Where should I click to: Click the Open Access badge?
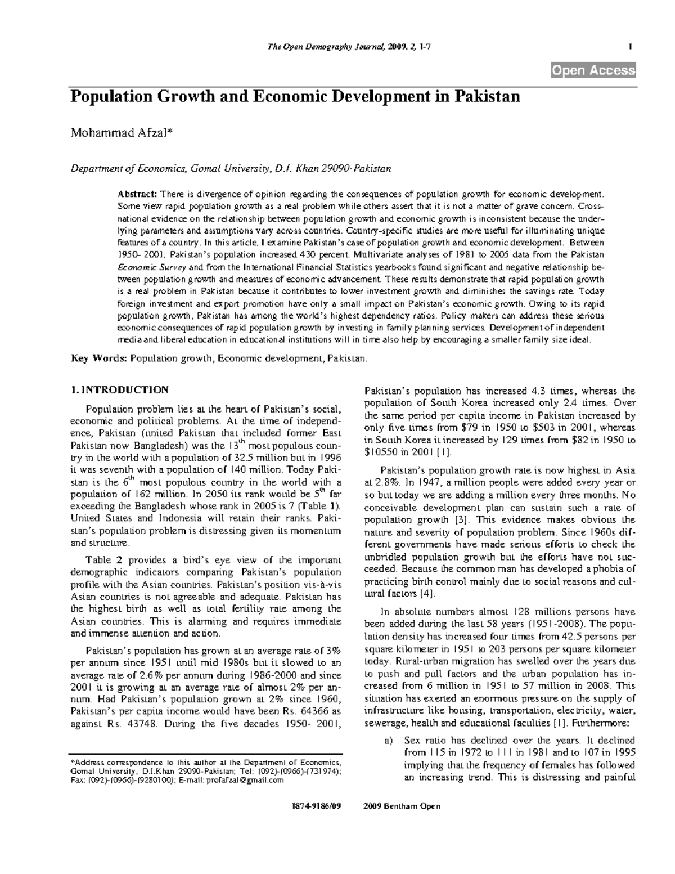593,70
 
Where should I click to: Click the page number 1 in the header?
630,47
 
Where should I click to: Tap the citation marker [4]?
427,594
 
